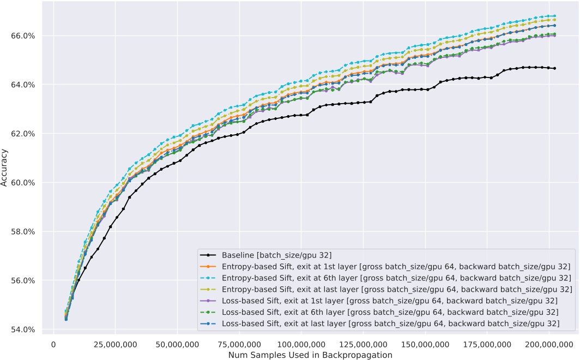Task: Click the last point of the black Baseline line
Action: pyautogui.click(x=554, y=68)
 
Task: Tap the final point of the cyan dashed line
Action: pyautogui.click(x=554, y=16)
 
